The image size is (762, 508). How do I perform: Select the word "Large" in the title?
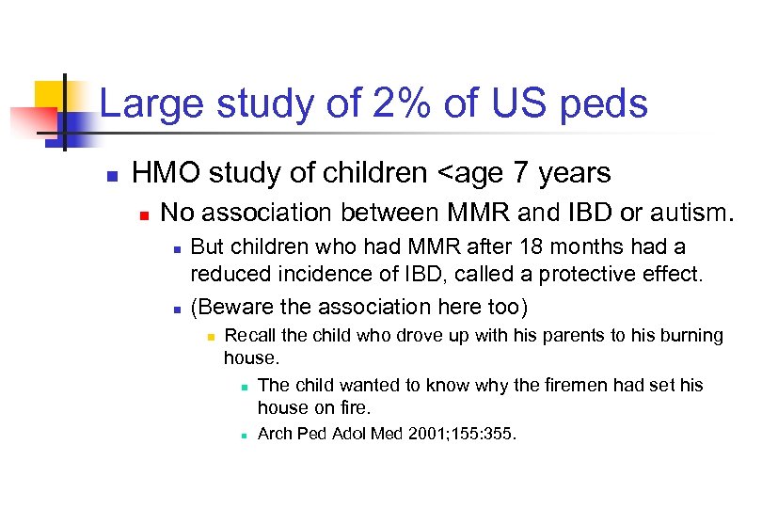click(x=151, y=104)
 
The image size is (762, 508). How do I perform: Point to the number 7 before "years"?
click(x=524, y=173)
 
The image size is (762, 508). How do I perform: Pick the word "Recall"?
click(x=252, y=336)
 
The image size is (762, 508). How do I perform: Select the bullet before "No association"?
click(x=143, y=214)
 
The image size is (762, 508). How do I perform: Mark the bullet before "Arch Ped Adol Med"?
click(x=244, y=436)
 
